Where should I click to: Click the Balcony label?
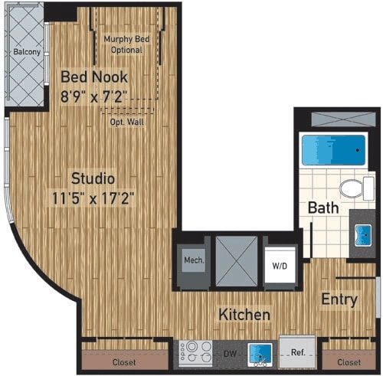pos(25,53)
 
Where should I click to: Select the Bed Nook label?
pos(94,77)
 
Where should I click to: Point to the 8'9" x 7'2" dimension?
pos(94,96)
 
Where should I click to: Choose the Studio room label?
pos(93,178)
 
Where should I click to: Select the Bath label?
pos(323,207)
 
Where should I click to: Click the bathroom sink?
pos(361,233)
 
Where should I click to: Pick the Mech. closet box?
pos(194,261)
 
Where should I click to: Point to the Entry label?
pos(339,299)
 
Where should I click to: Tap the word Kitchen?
pos(244,315)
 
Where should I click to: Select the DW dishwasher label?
pos(229,354)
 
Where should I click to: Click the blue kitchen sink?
pos(259,352)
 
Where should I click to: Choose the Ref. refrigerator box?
pos(296,352)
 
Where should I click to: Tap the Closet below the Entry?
pos(349,361)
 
